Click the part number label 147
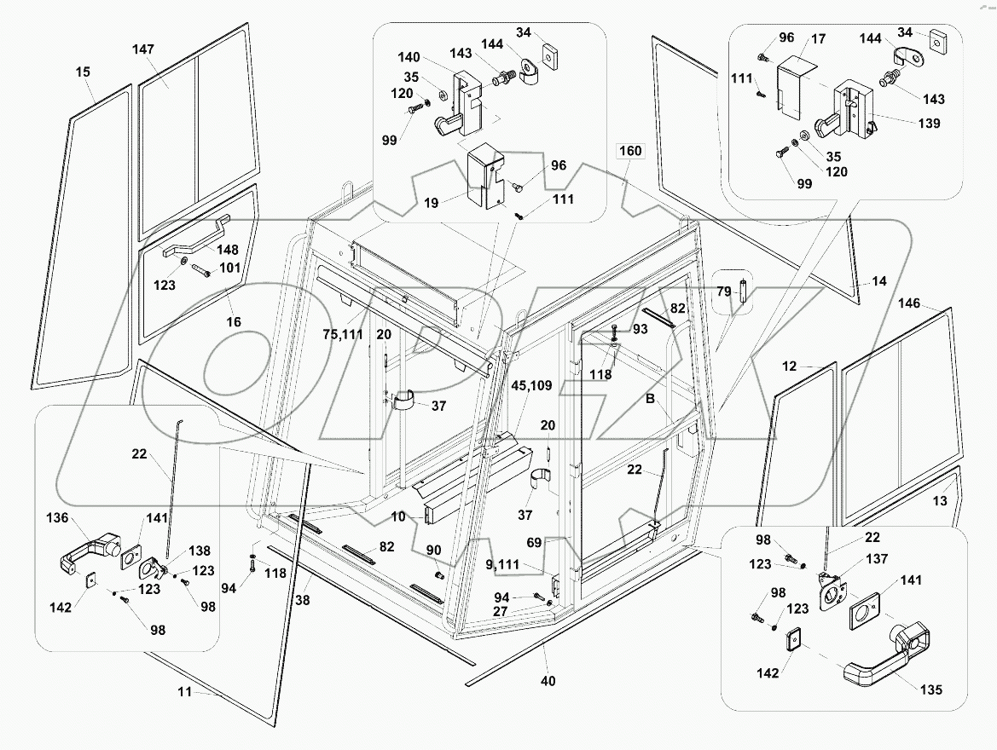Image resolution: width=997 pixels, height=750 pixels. (x=142, y=50)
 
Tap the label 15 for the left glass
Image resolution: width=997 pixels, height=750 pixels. (x=83, y=73)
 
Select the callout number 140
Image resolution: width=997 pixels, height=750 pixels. (x=410, y=58)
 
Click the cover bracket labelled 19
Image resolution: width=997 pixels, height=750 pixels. (x=488, y=176)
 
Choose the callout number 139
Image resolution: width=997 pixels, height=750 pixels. (x=930, y=124)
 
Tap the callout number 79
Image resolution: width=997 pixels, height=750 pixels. (x=722, y=292)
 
